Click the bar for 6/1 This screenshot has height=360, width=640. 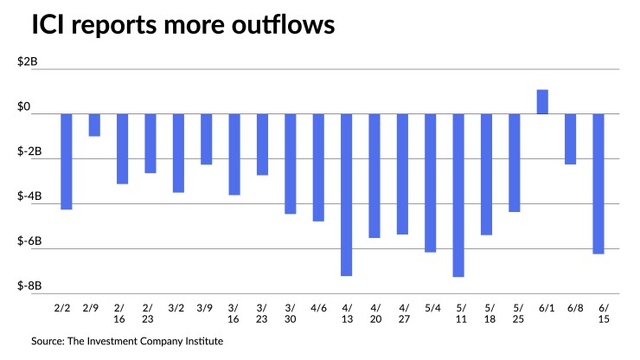click(542, 102)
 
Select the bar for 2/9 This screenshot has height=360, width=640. click(94, 125)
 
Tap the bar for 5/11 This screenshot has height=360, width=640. click(458, 195)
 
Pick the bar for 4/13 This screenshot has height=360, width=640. click(346, 195)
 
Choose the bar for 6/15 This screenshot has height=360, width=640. click(598, 183)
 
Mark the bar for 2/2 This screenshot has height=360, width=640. click(66, 162)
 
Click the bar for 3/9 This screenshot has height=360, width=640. click(206, 138)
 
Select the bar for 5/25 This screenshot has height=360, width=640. click(515, 163)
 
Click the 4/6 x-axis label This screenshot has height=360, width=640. click(318, 307)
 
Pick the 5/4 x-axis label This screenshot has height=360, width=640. click(431, 307)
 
